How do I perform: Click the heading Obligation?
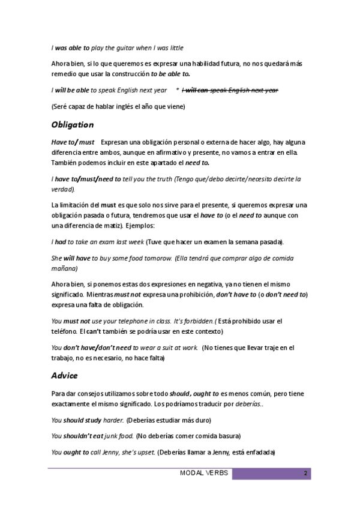[x=73, y=125]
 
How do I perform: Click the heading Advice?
[x=64, y=376]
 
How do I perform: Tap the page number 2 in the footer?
[x=305, y=474]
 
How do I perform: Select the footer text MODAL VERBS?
[x=204, y=474]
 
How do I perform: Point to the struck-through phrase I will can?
[x=194, y=90]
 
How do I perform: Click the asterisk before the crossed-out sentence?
[x=178, y=90]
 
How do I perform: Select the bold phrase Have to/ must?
[x=73, y=142]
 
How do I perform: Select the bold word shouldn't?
[x=83, y=436]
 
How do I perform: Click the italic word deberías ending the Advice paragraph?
[x=247, y=404]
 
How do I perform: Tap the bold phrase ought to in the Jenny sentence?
[x=77, y=452]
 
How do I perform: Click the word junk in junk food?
[x=109, y=436]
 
